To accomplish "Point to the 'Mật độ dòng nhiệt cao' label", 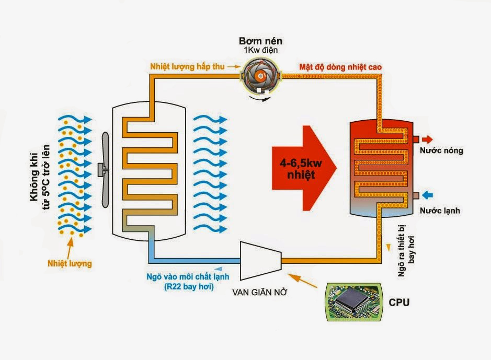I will [340, 67].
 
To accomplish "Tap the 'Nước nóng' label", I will [441, 151].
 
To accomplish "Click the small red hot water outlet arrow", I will [427, 140].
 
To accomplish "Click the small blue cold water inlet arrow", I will [427, 195].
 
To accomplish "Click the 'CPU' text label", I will [399, 303].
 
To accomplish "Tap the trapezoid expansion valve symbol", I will [260, 259].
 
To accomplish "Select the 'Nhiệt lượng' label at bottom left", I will [69, 264].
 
